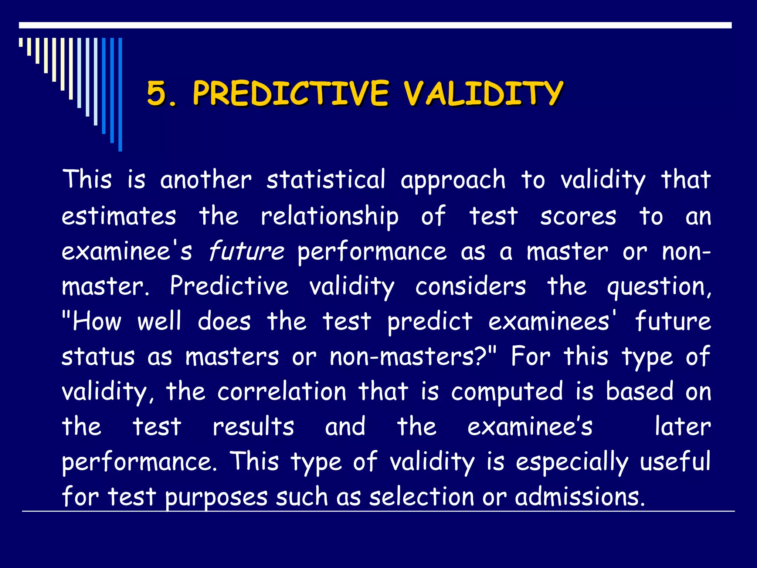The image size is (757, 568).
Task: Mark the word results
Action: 253,427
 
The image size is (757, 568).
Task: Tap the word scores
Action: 578,217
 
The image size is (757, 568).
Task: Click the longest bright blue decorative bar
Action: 120,94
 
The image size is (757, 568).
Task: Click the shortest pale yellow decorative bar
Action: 21,42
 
